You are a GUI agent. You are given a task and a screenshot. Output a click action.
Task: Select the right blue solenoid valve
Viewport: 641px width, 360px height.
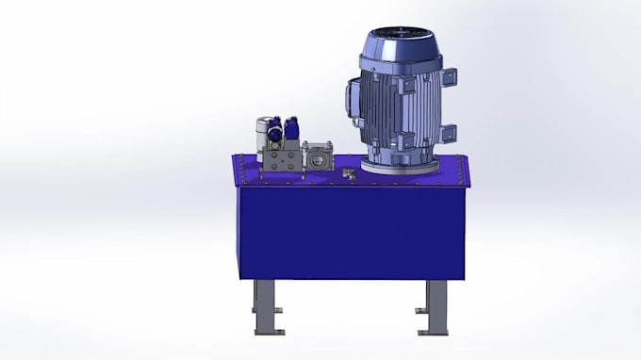293,128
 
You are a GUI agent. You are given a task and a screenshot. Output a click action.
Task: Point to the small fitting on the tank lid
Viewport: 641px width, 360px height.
348,173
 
